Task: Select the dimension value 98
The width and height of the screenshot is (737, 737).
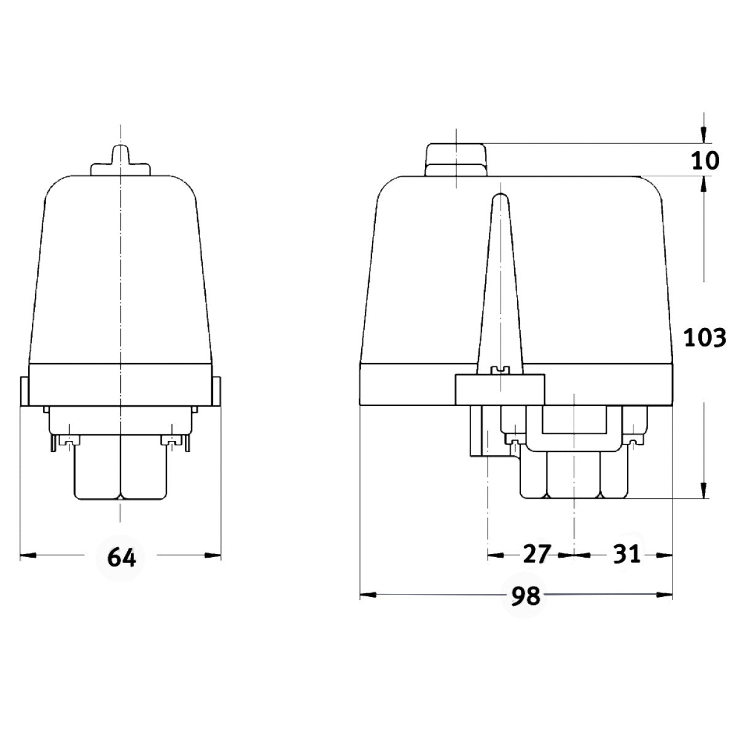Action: [x=525, y=595]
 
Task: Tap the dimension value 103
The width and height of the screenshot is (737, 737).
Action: [x=705, y=337]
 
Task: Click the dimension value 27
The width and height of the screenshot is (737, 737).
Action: [x=537, y=555]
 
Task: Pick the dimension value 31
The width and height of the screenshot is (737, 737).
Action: [x=626, y=555]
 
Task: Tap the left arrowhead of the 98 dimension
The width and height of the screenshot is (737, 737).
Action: [x=367, y=595]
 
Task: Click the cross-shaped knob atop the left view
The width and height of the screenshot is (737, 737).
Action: [x=120, y=161]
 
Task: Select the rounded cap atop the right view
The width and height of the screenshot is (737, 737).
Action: [x=456, y=158]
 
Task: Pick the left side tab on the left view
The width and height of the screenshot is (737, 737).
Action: [x=24, y=391]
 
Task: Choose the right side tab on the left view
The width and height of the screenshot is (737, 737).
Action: [x=217, y=391]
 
